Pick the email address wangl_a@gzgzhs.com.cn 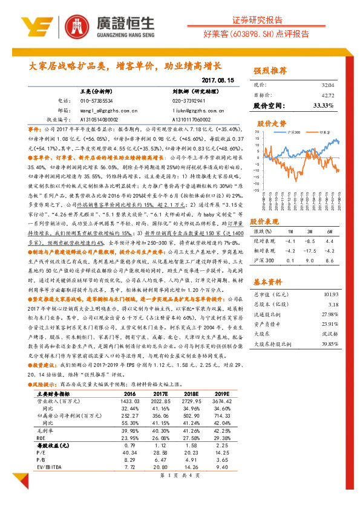pos(93,110)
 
